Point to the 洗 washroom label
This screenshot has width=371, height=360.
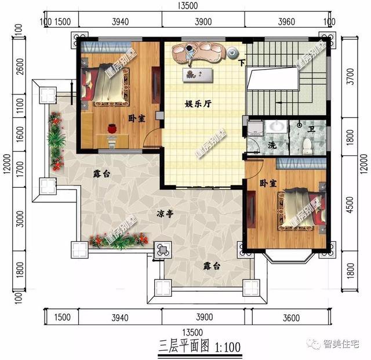(x=272, y=145)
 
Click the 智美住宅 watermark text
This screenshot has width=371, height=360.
(x=343, y=344)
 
